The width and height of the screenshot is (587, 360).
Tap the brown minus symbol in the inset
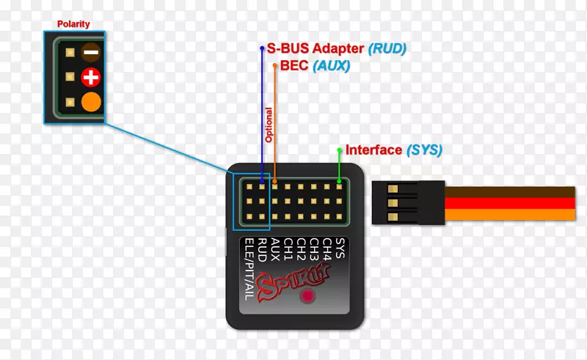(91, 52)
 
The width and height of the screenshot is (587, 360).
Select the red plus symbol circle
(91, 77)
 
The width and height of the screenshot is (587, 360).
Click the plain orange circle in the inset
(91, 102)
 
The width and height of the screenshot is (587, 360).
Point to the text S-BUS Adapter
(316, 49)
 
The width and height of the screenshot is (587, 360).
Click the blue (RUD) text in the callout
(387, 49)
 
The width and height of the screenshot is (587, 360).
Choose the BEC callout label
(294, 66)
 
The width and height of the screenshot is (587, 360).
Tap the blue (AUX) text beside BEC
(331, 66)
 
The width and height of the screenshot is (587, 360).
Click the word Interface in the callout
(373, 150)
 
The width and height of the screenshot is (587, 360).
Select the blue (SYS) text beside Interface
(424, 150)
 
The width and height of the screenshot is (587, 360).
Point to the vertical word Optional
(269, 125)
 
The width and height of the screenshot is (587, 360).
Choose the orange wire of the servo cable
(514, 215)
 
